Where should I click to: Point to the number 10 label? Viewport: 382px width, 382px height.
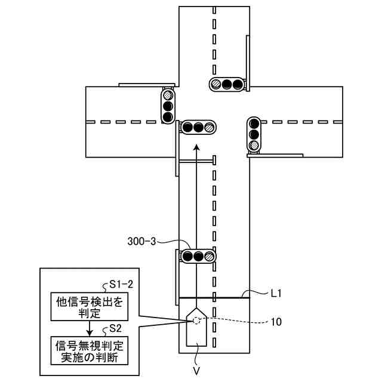pos(276,321)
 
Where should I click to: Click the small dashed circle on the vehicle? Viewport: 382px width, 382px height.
pos(196,321)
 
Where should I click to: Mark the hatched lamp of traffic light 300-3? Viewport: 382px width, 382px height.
pos(209,257)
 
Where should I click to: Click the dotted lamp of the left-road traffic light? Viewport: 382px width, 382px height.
pos(168,95)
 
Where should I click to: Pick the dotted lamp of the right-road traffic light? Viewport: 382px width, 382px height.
pos(254,145)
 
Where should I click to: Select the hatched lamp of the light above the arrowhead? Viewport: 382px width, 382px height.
pos(208,127)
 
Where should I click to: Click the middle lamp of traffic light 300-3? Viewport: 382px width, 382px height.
pos(198,257)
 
